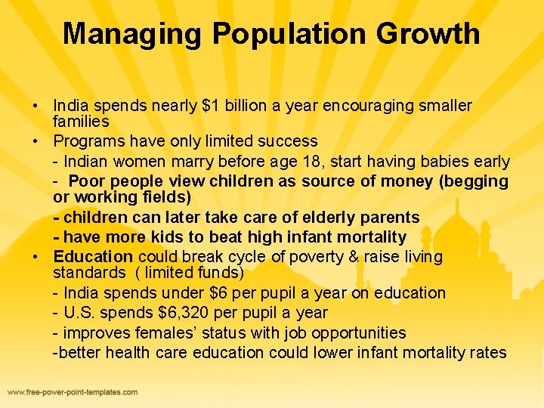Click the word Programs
click(86, 141)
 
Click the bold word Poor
click(85, 181)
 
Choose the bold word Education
click(93, 257)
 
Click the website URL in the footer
click(73, 392)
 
